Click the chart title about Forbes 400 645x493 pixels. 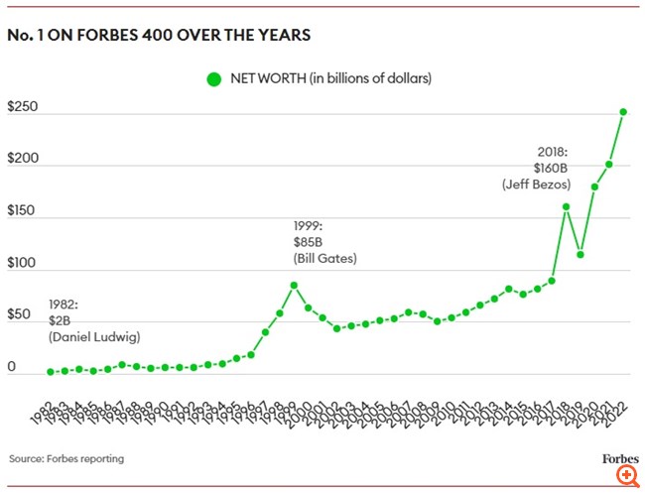click(x=159, y=36)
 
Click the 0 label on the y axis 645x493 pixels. click(x=12, y=367)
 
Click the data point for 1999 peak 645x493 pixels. click(x=295, y=286)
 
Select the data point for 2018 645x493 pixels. click(x=566, y=207)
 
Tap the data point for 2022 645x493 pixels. click(x=623, y=112)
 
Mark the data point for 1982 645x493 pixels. click(x=51, y=372)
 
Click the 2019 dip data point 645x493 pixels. click(x=580, y=255)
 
